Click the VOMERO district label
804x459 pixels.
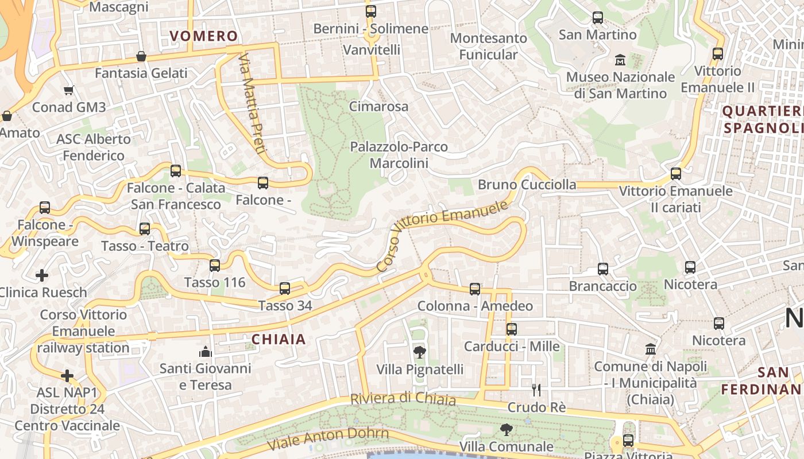click(204, 36)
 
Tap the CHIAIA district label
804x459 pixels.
click(279, 339)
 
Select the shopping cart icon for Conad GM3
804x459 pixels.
click(69, 90)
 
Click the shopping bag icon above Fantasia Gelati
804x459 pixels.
click(141, 56)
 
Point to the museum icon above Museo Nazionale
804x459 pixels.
click(620, 60)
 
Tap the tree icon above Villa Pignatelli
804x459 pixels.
click(420, 352)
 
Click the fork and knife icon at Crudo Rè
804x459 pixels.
click(536, 390)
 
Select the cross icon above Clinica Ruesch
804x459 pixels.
click(42, 275)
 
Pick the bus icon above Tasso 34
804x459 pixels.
click(285, 289)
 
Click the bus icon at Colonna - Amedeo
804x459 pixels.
click(475, 289)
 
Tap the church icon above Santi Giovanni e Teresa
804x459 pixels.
click(205, 351)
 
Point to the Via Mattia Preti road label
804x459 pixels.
click(253, 104)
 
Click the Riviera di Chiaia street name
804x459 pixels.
click(403, 399)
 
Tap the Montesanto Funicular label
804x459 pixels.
click(489, 46)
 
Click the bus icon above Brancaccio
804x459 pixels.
click(603, 269)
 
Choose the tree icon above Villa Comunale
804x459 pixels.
click(506, 429)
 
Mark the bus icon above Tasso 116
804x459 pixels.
click(215, 266)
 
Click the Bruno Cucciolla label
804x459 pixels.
click(527, 184)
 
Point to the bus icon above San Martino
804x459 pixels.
click(598, 18)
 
